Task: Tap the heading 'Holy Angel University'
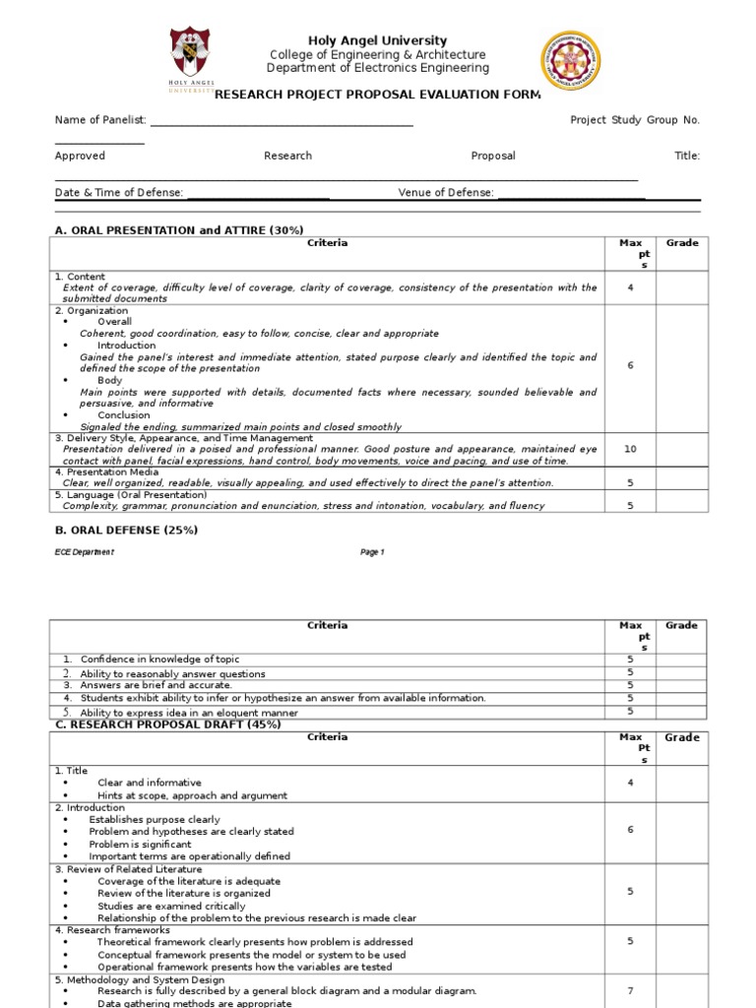point(378,40)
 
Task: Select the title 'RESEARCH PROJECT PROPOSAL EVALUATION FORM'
point(378,94)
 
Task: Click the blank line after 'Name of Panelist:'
point(281,121)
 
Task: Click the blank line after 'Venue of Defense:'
point(571,194)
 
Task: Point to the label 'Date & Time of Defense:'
point(119,193)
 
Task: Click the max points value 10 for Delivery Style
point(630,449)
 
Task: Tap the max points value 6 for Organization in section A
point(630,365)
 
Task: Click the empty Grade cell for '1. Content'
point(681,287)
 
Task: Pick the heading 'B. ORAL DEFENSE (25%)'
point(126,530)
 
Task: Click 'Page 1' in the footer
point(372,552)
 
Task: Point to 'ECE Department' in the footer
point(84,552)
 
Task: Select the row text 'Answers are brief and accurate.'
point(156,685)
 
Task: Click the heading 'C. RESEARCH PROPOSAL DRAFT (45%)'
point(167,724)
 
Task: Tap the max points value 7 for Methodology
point(630,990)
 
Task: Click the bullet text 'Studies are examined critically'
point(172,906)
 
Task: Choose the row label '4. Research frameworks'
point(112,930)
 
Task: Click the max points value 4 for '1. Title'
point(630,783)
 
